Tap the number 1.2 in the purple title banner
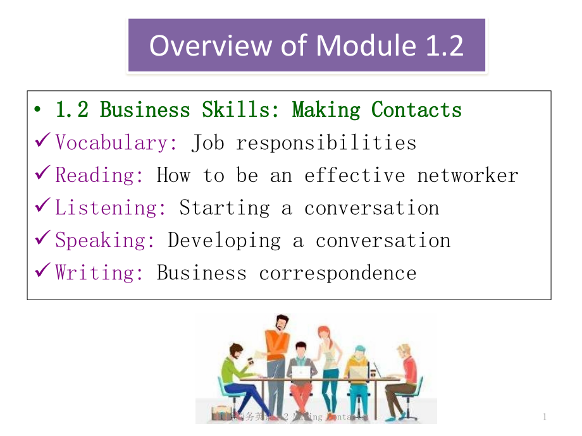click(441, 45)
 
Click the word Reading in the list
click(99, 175)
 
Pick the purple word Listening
click(111, 208)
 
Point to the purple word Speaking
click(105, 241)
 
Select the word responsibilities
click(326, 143)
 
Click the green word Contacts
click(416, 110)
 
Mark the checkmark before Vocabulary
click(43, 142)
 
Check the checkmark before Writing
click(43, 272)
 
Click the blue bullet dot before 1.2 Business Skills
click(39, 111)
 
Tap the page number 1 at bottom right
click(545, 416)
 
